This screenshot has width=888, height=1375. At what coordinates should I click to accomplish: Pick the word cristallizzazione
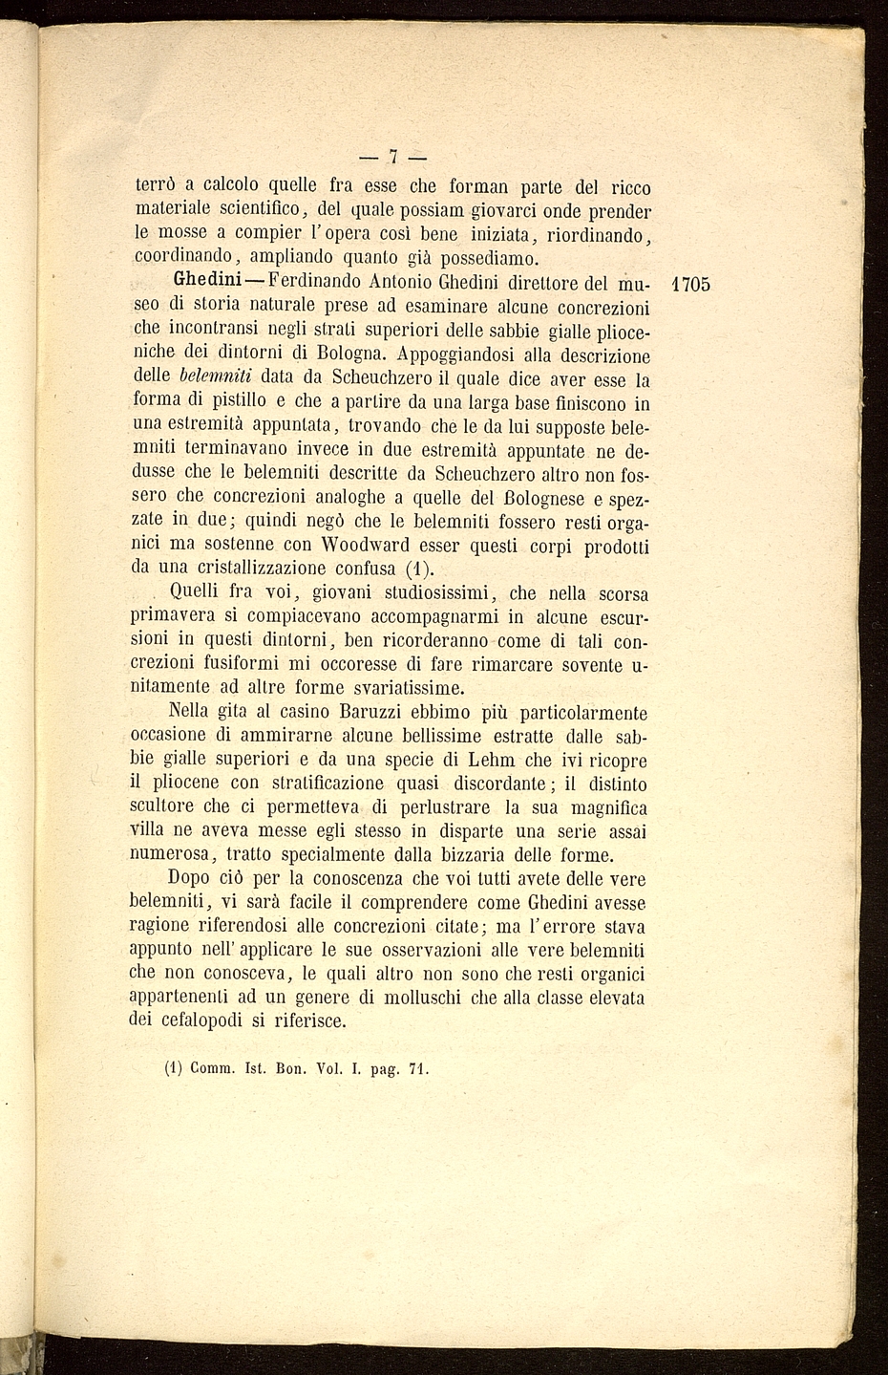253,569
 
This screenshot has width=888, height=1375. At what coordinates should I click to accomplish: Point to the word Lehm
492,760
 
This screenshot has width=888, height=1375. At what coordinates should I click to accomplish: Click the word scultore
163,807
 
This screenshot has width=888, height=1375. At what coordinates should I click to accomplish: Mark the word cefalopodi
207,1021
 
